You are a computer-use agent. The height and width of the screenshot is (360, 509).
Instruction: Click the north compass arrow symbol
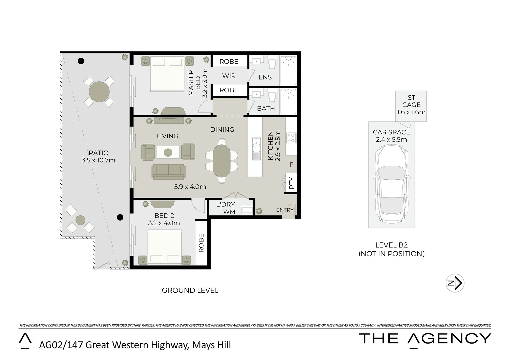click(x=455, y=283)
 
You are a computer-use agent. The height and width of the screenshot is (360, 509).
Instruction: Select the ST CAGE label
click(x=411, y=105)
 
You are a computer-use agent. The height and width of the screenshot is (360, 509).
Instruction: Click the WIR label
click(x=229, y=76)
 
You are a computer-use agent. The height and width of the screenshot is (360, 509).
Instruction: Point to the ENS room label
click(x=265, y=77)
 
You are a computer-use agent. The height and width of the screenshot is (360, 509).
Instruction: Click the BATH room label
click(x=266, y=108)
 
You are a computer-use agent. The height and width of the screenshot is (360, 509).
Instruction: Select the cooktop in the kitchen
click(x=291, y=138)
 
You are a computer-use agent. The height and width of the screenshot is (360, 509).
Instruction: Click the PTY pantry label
click(x=291, y=183)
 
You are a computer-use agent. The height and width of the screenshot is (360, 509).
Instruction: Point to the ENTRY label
click(x=285, y=210)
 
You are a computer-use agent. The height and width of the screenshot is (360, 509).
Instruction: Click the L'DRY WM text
click(x=226, y=208)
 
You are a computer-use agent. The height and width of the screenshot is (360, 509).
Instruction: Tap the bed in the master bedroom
click(x=167, y=74)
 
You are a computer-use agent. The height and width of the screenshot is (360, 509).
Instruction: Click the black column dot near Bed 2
click(x=120, y=218)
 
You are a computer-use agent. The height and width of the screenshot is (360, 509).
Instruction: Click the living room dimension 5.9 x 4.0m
click(x=190, y=187)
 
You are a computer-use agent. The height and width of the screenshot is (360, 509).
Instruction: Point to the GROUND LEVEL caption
click(x=190, y=290)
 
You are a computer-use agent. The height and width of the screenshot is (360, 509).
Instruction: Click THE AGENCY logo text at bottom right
click(x=425, y=339)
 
